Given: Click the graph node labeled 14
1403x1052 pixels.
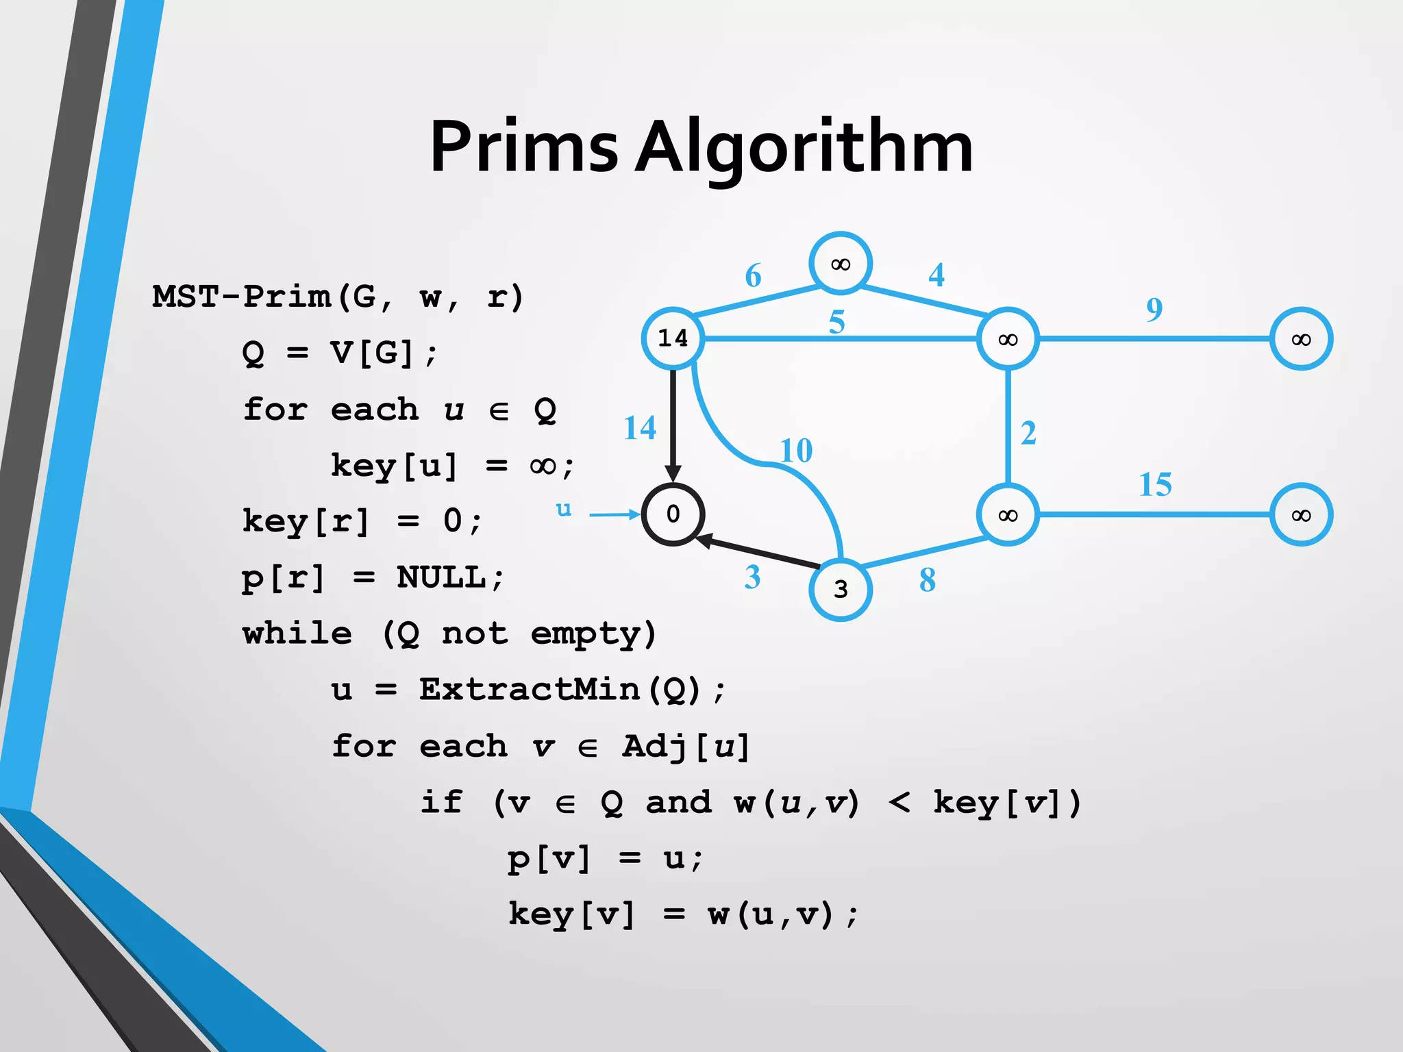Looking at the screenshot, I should pos(673,338).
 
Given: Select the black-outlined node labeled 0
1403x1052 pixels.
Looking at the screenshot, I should pos(673,514).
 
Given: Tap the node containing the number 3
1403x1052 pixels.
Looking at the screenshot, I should pos(841,590).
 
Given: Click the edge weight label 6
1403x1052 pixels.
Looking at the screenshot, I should pos(753,276).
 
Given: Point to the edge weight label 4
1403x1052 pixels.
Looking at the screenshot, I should pos(936,275).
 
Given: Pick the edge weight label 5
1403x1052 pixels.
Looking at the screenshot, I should pos(836,322).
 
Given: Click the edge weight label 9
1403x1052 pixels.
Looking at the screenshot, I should pos(1154,310).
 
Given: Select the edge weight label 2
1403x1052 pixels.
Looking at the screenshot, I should pos(1028,434).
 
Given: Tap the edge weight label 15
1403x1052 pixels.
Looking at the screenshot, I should pos(1155,485).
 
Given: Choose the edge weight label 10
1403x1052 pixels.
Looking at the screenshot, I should pos(796,451).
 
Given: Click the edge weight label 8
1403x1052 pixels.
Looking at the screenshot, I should pos(927,581).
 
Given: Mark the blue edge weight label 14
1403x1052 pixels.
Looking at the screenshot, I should pos(640,428).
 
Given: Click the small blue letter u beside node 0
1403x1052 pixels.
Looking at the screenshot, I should pos(563,509).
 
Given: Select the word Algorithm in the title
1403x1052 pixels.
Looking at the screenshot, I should pos(804,147).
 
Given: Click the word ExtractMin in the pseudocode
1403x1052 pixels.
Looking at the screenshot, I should pos(530,690).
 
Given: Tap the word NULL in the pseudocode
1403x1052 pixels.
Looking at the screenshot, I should pos(441,577).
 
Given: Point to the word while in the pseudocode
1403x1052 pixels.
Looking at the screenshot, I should pos(297,634).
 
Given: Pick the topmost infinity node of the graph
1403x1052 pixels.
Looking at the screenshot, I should pos(841,264).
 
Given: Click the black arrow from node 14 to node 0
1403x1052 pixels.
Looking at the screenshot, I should pos(673,425).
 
